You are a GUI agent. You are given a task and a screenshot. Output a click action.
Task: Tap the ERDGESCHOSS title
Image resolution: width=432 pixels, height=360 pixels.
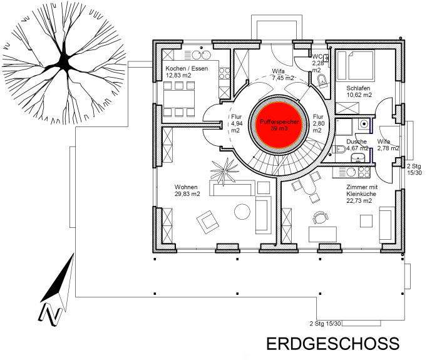(333, 344)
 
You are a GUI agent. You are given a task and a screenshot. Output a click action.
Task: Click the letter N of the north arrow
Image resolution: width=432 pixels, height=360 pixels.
(49, 314)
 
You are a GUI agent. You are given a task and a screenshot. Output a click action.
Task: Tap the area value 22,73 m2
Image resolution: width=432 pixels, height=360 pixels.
(359, 201)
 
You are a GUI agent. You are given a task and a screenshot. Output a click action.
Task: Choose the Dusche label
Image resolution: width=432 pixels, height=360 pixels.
(356, 141)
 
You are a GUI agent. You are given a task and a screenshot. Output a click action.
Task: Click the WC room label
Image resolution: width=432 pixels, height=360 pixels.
(317, 56)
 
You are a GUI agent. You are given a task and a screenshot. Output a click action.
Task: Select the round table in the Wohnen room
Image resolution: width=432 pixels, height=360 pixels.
(242, 212)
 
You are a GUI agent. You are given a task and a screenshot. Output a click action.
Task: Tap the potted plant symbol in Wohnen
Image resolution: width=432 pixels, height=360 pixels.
(224, 172)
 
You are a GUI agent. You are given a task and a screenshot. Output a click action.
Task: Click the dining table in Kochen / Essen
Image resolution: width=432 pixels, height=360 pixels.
(179, 99)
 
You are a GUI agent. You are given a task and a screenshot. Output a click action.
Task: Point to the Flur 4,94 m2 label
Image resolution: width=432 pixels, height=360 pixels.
(237, 123)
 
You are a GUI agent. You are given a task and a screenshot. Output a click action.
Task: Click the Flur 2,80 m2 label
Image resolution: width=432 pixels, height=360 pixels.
(318, 123)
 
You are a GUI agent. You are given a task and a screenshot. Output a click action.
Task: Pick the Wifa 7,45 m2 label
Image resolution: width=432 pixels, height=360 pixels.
(279, 75)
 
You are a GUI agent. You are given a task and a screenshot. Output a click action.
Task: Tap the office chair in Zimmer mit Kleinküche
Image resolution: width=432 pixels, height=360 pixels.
(320, 218)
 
